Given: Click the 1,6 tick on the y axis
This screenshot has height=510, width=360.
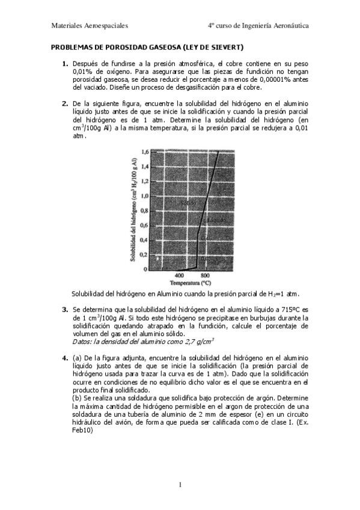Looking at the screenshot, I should coord(144,152).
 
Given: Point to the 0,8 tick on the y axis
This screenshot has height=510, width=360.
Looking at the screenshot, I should coord(144,211).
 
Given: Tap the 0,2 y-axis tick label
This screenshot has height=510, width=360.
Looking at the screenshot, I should coord(144,255).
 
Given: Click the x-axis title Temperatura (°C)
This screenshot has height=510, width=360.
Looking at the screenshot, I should coord(190,282).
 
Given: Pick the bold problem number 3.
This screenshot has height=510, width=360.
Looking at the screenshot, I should coord(65,310).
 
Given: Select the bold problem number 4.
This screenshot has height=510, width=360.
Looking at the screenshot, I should coord(65,358).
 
